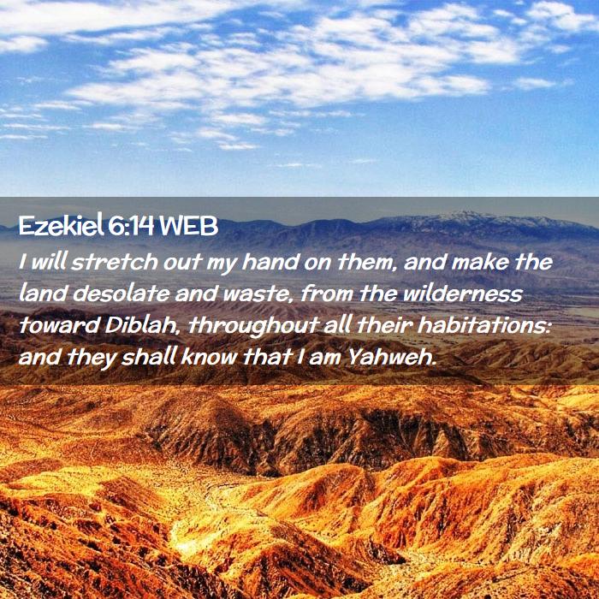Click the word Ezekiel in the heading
tap(61, 225)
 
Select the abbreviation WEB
tap(189, 226)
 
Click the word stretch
tap(114, 262)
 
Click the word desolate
tap(122, 294)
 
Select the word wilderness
tap(462, 294)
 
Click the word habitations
tap(483, 325)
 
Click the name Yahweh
tap(392, 357)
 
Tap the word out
tap(182, 263)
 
